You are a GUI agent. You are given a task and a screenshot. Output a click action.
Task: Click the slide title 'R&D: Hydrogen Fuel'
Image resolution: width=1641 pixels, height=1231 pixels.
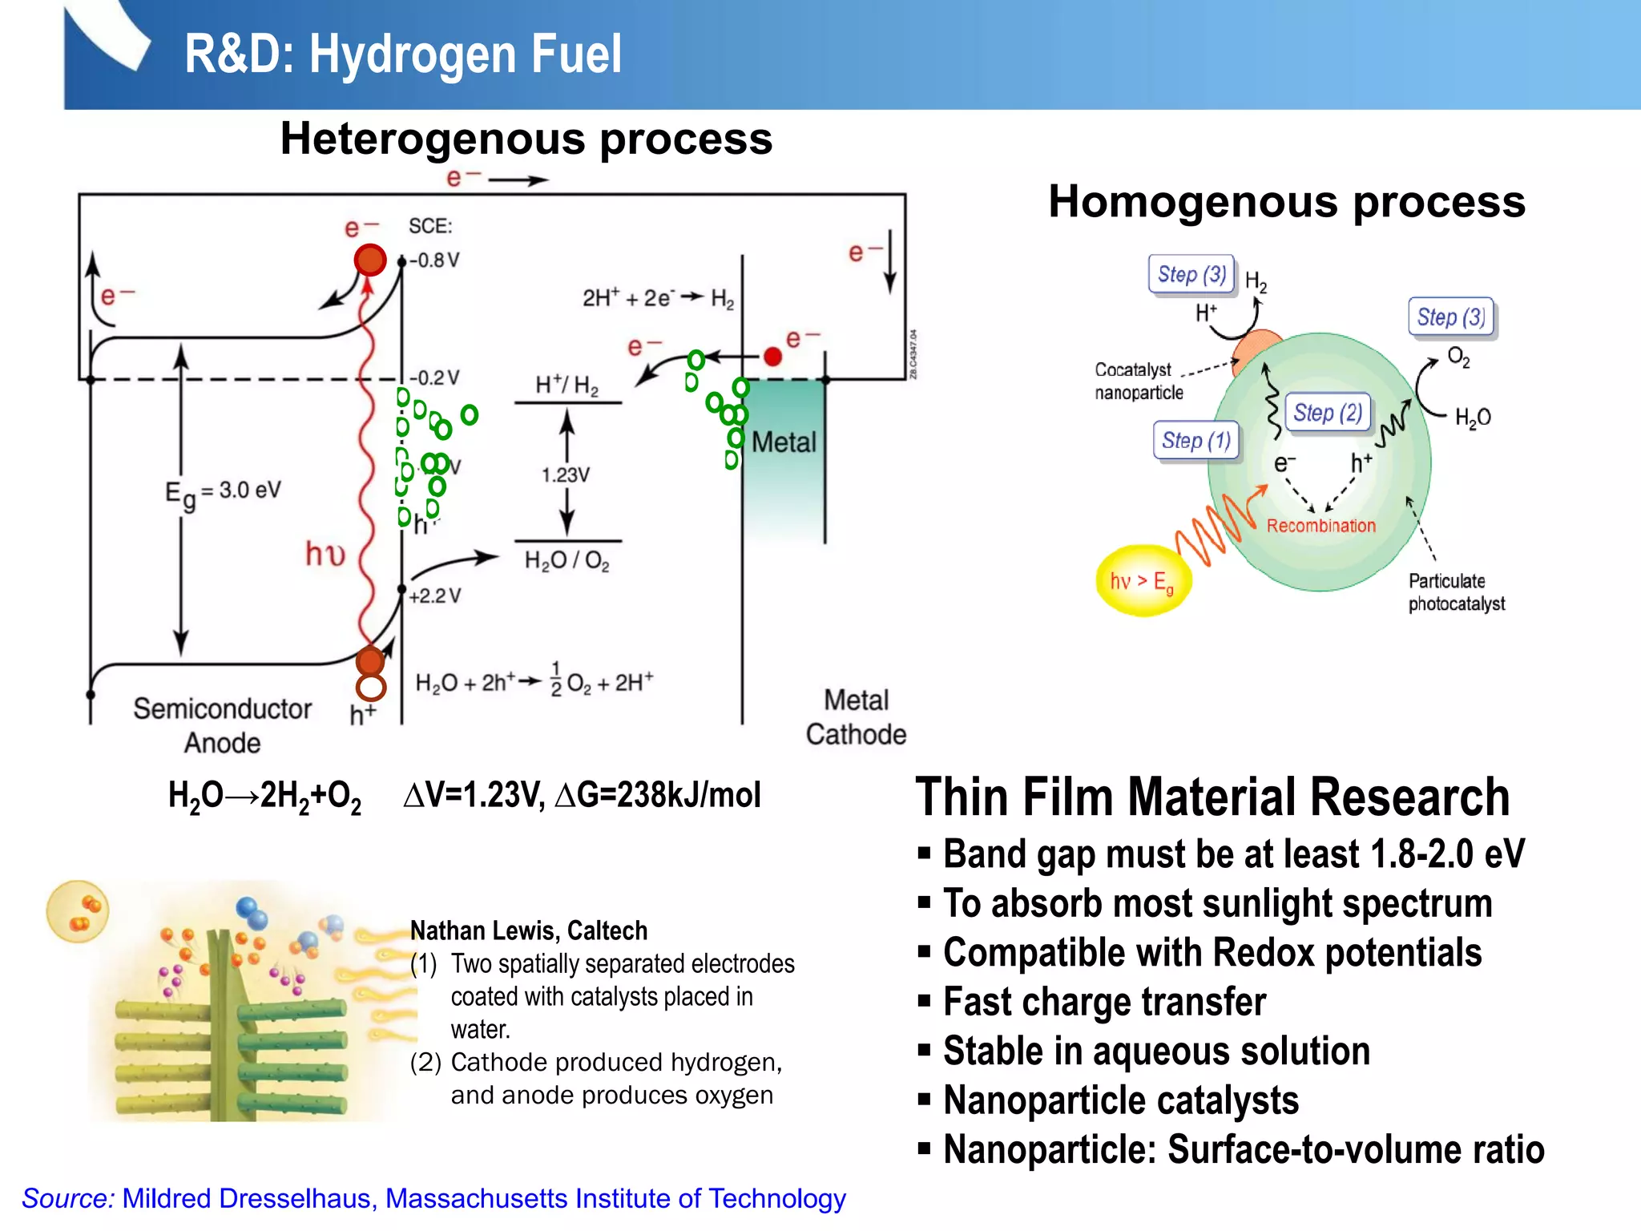403,54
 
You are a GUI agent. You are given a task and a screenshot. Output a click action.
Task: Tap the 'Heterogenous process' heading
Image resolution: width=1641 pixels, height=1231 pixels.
526,139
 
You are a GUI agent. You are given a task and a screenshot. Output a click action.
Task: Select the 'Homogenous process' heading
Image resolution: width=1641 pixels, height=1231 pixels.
1286,201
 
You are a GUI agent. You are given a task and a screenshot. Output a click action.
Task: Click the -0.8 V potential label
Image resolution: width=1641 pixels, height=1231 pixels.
436,260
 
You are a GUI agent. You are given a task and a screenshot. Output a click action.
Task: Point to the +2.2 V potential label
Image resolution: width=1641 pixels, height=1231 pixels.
435,596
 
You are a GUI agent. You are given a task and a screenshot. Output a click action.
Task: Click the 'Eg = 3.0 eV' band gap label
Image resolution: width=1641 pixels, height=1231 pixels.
223,491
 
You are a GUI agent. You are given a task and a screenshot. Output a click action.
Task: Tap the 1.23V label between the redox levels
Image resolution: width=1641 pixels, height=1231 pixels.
566,475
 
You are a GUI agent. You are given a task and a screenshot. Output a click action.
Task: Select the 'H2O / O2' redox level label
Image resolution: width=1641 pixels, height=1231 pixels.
566,560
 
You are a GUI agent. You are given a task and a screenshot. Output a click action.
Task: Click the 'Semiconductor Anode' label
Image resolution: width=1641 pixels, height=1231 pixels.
222,725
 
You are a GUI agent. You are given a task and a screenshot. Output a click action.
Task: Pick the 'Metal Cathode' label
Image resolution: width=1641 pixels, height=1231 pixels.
856,717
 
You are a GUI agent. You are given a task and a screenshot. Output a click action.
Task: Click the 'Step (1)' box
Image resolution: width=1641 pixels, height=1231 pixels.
1195,441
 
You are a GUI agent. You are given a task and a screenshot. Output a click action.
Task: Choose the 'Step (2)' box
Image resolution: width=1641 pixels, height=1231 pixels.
1327,413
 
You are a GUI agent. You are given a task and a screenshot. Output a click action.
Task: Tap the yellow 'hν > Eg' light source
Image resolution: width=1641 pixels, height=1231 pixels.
1143,581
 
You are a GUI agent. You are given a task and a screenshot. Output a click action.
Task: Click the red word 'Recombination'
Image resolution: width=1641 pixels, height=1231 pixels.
1320,526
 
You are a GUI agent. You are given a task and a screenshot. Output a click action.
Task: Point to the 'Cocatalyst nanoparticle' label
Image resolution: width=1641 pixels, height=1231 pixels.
1139,381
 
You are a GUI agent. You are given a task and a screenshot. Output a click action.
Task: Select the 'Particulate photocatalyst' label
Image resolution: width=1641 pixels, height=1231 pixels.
1456,592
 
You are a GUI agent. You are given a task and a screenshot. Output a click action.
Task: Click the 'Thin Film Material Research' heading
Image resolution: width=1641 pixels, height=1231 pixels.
1212,797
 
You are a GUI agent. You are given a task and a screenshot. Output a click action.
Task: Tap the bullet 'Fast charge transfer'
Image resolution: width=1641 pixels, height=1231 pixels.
1104,1002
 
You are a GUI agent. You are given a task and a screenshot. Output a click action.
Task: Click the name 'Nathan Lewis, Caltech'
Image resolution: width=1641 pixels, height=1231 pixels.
529,930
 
